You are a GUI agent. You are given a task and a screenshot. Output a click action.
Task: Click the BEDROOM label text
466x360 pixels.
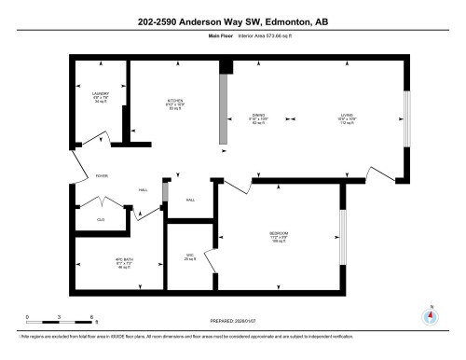pyautogui.click(x=278, y=233)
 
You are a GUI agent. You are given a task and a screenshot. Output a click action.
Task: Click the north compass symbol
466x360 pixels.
pyautogui.click(x=430, y=315)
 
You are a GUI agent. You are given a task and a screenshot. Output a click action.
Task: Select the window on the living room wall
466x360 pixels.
pyautogui.click(x=404, y=118)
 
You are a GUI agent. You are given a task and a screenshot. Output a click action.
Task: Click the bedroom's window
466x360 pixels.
pyautogui.click(x=341, y=238)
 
